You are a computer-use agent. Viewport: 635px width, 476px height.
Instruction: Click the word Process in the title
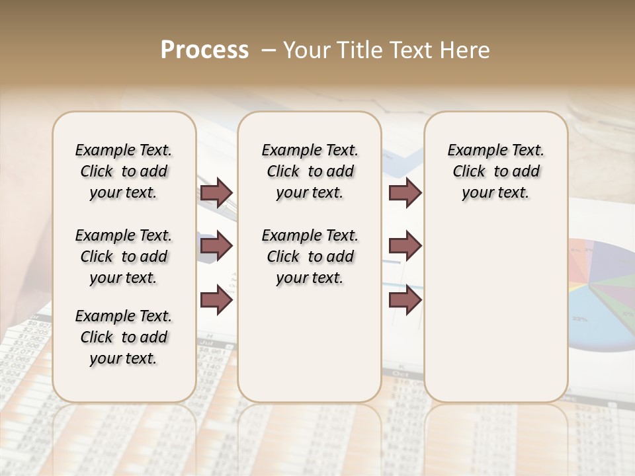(x=204, y=50)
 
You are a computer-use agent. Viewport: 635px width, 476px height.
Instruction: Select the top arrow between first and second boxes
(x=216, y=192)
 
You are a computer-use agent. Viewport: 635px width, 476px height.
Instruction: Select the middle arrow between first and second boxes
(x=216, y=246)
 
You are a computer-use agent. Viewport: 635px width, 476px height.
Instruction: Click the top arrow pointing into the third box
(x=405, y=192)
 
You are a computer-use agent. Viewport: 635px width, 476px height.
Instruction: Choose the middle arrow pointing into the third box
(x=405, y=246)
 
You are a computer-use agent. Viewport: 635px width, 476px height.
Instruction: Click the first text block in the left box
(x=124, y=171)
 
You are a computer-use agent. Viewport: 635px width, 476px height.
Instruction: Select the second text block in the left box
(x=124, y=257)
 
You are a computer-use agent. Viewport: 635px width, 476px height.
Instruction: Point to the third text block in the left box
(x=124, y=337)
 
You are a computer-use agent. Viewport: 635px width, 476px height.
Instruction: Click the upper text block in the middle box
(x=310, y=171)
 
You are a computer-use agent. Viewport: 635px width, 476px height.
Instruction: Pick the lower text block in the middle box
(x=310, y=257)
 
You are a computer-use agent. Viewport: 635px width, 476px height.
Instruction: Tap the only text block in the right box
(x=496, y=171)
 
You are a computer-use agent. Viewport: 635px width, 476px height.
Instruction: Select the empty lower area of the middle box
(x=310, y=344)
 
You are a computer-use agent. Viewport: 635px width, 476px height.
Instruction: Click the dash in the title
(x=269, y=50)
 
